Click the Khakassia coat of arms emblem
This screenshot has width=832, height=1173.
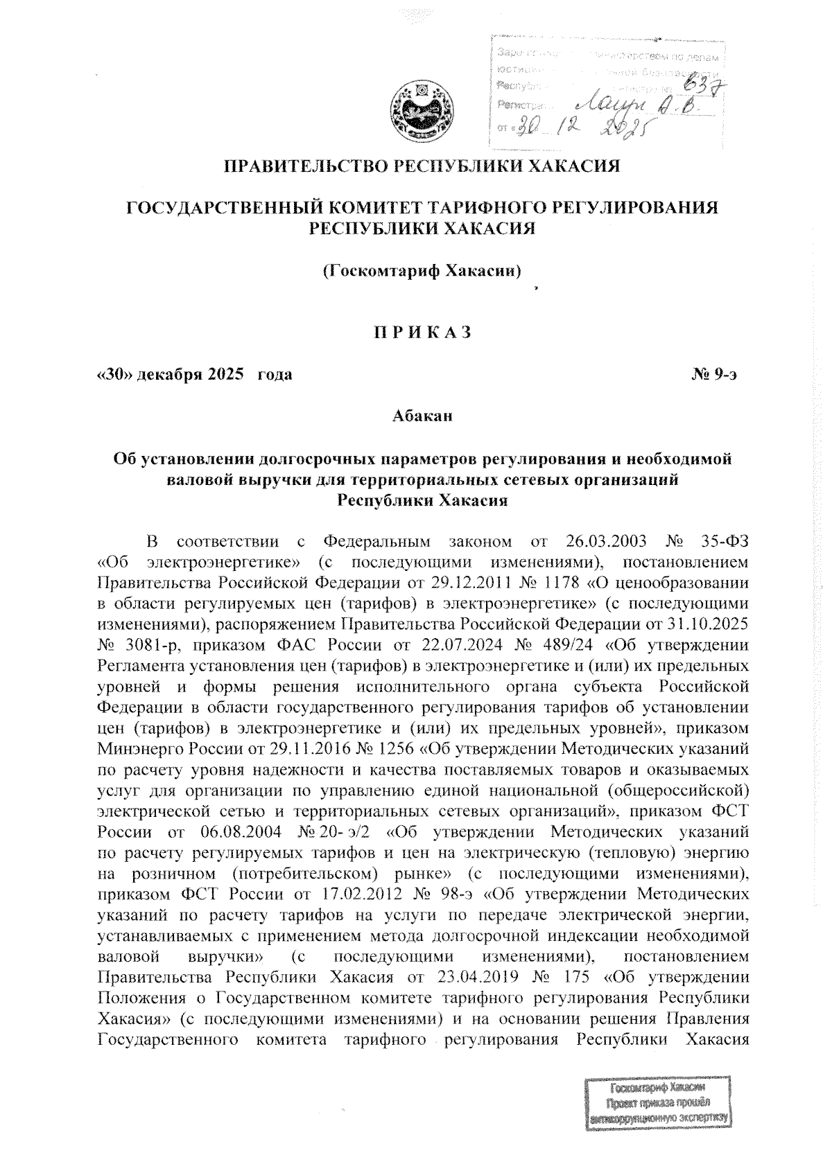click(417, 112)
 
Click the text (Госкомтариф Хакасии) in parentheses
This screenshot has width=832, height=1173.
click(422, 270)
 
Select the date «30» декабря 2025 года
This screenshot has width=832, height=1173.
click(194, 376)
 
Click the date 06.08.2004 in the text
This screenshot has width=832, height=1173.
click(238, 830)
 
